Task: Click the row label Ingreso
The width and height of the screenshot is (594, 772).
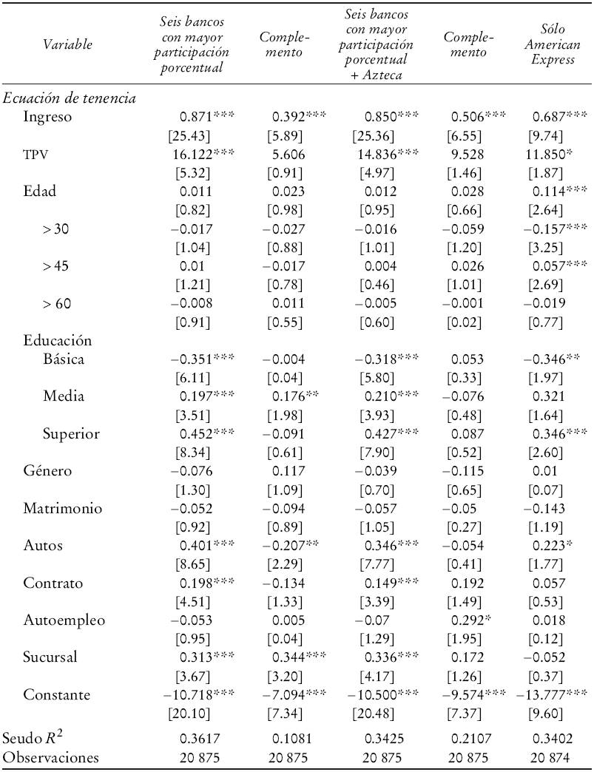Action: tap(47, 118)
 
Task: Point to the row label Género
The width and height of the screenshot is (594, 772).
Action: tap(48, 471)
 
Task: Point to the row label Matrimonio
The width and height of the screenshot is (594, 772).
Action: tap(61, 509)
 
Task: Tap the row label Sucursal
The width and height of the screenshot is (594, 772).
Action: tap(50, 658)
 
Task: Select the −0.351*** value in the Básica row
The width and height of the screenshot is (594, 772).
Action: tap(202, 359)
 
